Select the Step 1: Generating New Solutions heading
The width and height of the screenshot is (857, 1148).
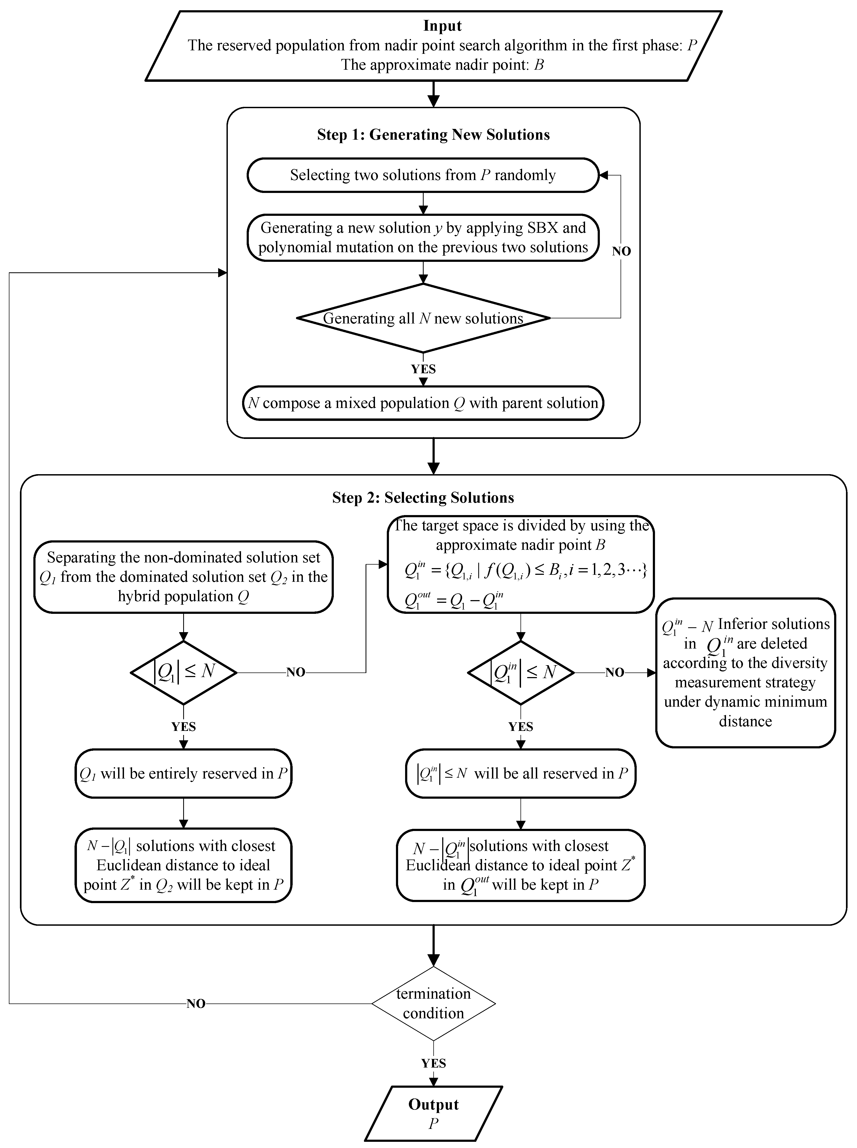tap(433, 135)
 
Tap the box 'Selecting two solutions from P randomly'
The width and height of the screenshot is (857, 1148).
tap(423, 175)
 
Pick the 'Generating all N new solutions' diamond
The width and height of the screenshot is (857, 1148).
tap(423, 318)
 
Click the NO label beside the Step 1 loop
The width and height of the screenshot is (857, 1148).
tap(621, 251)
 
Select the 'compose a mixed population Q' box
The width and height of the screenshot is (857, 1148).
tap(423, 403)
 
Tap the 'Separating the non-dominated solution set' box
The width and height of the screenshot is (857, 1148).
tap(183, 577)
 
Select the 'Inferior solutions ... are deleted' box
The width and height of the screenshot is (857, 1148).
tap(745, 672)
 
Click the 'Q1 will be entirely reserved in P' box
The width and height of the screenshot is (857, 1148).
tap(183, 773)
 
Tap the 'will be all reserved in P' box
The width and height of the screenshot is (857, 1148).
tap(520, 773)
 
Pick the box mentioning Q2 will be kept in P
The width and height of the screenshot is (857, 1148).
tap(183, 865)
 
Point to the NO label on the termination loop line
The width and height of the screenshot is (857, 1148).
tap(196, 1004)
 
